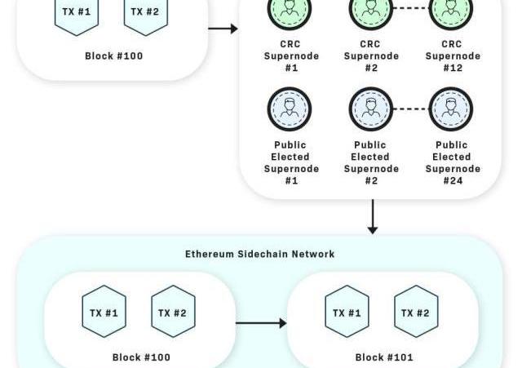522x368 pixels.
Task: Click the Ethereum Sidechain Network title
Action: pyautogui.click(x=259, y=254)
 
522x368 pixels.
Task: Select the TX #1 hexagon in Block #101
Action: pyautogui.click(x=347, y=312)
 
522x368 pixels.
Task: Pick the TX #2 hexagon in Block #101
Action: pyautogui.click(x=416, y=312)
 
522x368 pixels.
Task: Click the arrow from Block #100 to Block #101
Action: pyautogui.click(x=261, y=323)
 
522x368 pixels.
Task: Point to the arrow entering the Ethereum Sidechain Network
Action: pyautogui.click(x=373, y=216)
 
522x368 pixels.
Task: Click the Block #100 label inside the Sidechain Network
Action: pyautogui.click(x=142, y=357)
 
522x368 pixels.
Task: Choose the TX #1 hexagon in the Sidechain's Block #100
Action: pyautogui.click(x=104, y=312)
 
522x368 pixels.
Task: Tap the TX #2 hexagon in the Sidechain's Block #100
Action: pyautogui.click(x=173, y=312)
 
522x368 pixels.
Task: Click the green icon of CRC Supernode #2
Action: pyautogui.click(x=371, y=10)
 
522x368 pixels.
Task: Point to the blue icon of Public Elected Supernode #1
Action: pyautogui.click(x=290, y=109)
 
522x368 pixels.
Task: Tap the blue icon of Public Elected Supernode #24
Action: pyautogui.click(x=451, y=109)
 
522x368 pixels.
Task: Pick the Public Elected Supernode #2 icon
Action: pyautogui.click(x=371, y=109)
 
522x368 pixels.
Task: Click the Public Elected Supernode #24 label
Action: pyautogui.click(x=453, y=162)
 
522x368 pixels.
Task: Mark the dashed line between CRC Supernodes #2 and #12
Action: pyautogui.click(x=411, y=9)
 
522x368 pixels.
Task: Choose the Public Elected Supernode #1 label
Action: pyautogui.click(x=291, y=162)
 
